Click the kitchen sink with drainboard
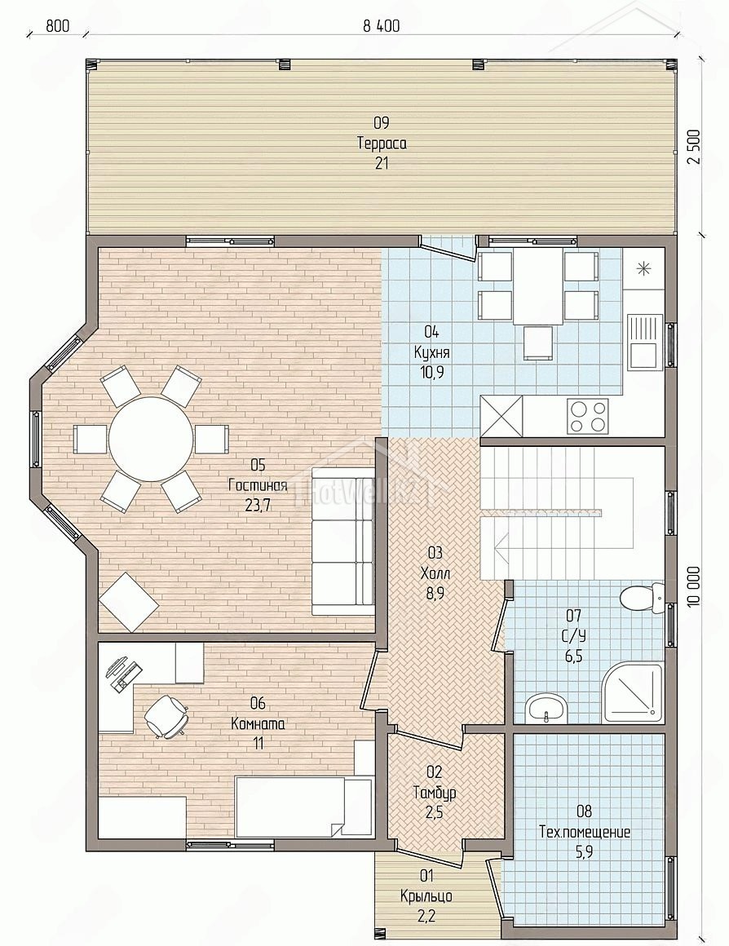(x=643, y=341)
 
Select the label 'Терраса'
(x=382, y=144)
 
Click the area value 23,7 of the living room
(x=258, y=505)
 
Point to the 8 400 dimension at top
(x=382, y=26)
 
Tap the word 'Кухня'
(x=431, y=351)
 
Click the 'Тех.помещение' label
(x=584, y=832)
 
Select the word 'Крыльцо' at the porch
(x=426, y=896)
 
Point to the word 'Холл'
(x=435, y=572)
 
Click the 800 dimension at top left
(x=57, y=26)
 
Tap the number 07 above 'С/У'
(x=573, y=616)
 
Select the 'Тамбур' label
(x=434, y=792)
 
